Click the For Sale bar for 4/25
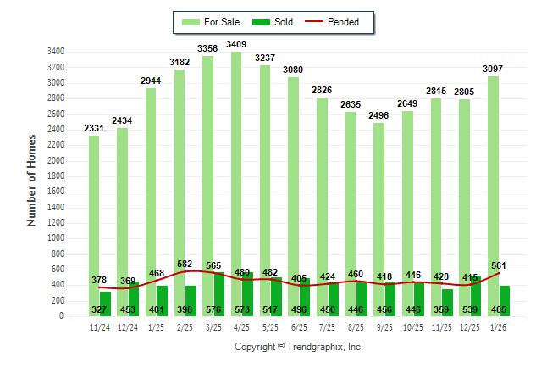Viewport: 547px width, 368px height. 236,170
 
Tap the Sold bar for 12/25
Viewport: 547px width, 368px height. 476,297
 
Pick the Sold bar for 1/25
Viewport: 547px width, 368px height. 163,302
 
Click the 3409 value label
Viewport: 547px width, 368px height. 237,44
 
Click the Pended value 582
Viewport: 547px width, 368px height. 185,264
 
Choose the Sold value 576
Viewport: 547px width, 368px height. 213,309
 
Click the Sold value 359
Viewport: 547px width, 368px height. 442,309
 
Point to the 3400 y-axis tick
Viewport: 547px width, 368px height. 57,52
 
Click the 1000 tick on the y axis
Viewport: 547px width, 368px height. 57,238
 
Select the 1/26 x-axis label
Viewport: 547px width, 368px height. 499,327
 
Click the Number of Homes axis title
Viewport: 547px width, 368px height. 32,181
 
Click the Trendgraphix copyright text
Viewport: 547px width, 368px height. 298,347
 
